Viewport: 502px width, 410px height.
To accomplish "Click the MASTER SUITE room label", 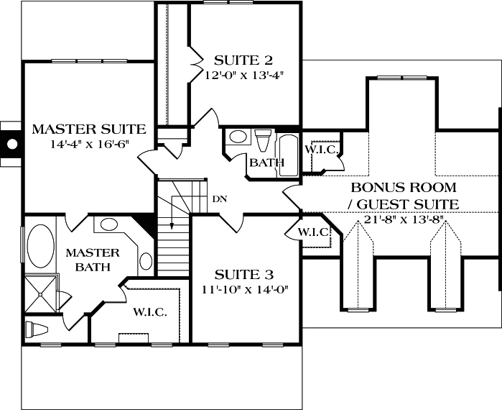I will pyautogui.click(x=89, y=129).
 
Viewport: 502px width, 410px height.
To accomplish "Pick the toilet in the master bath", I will pyautogui.click(x=36, y=329).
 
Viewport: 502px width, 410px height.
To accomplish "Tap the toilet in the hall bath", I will pyautogui.click(x=263, y=138).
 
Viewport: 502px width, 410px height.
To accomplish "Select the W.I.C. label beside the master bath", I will pyautogui.click(x=149, y=312).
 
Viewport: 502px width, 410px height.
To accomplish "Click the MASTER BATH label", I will pyautogui.click(x=87, y=260).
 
